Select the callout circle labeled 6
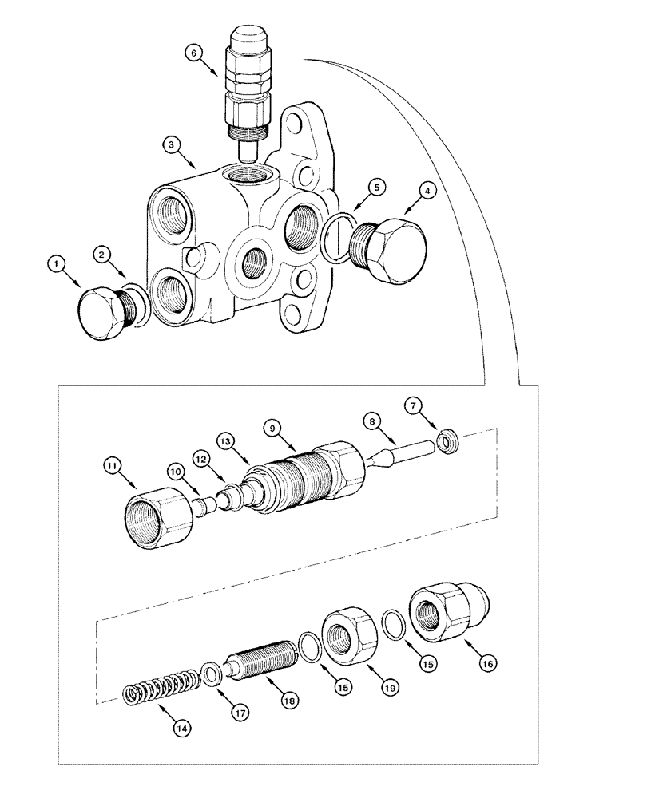tap(193, 53)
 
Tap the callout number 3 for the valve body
tap(170, 144)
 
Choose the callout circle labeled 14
tap(183, 727)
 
